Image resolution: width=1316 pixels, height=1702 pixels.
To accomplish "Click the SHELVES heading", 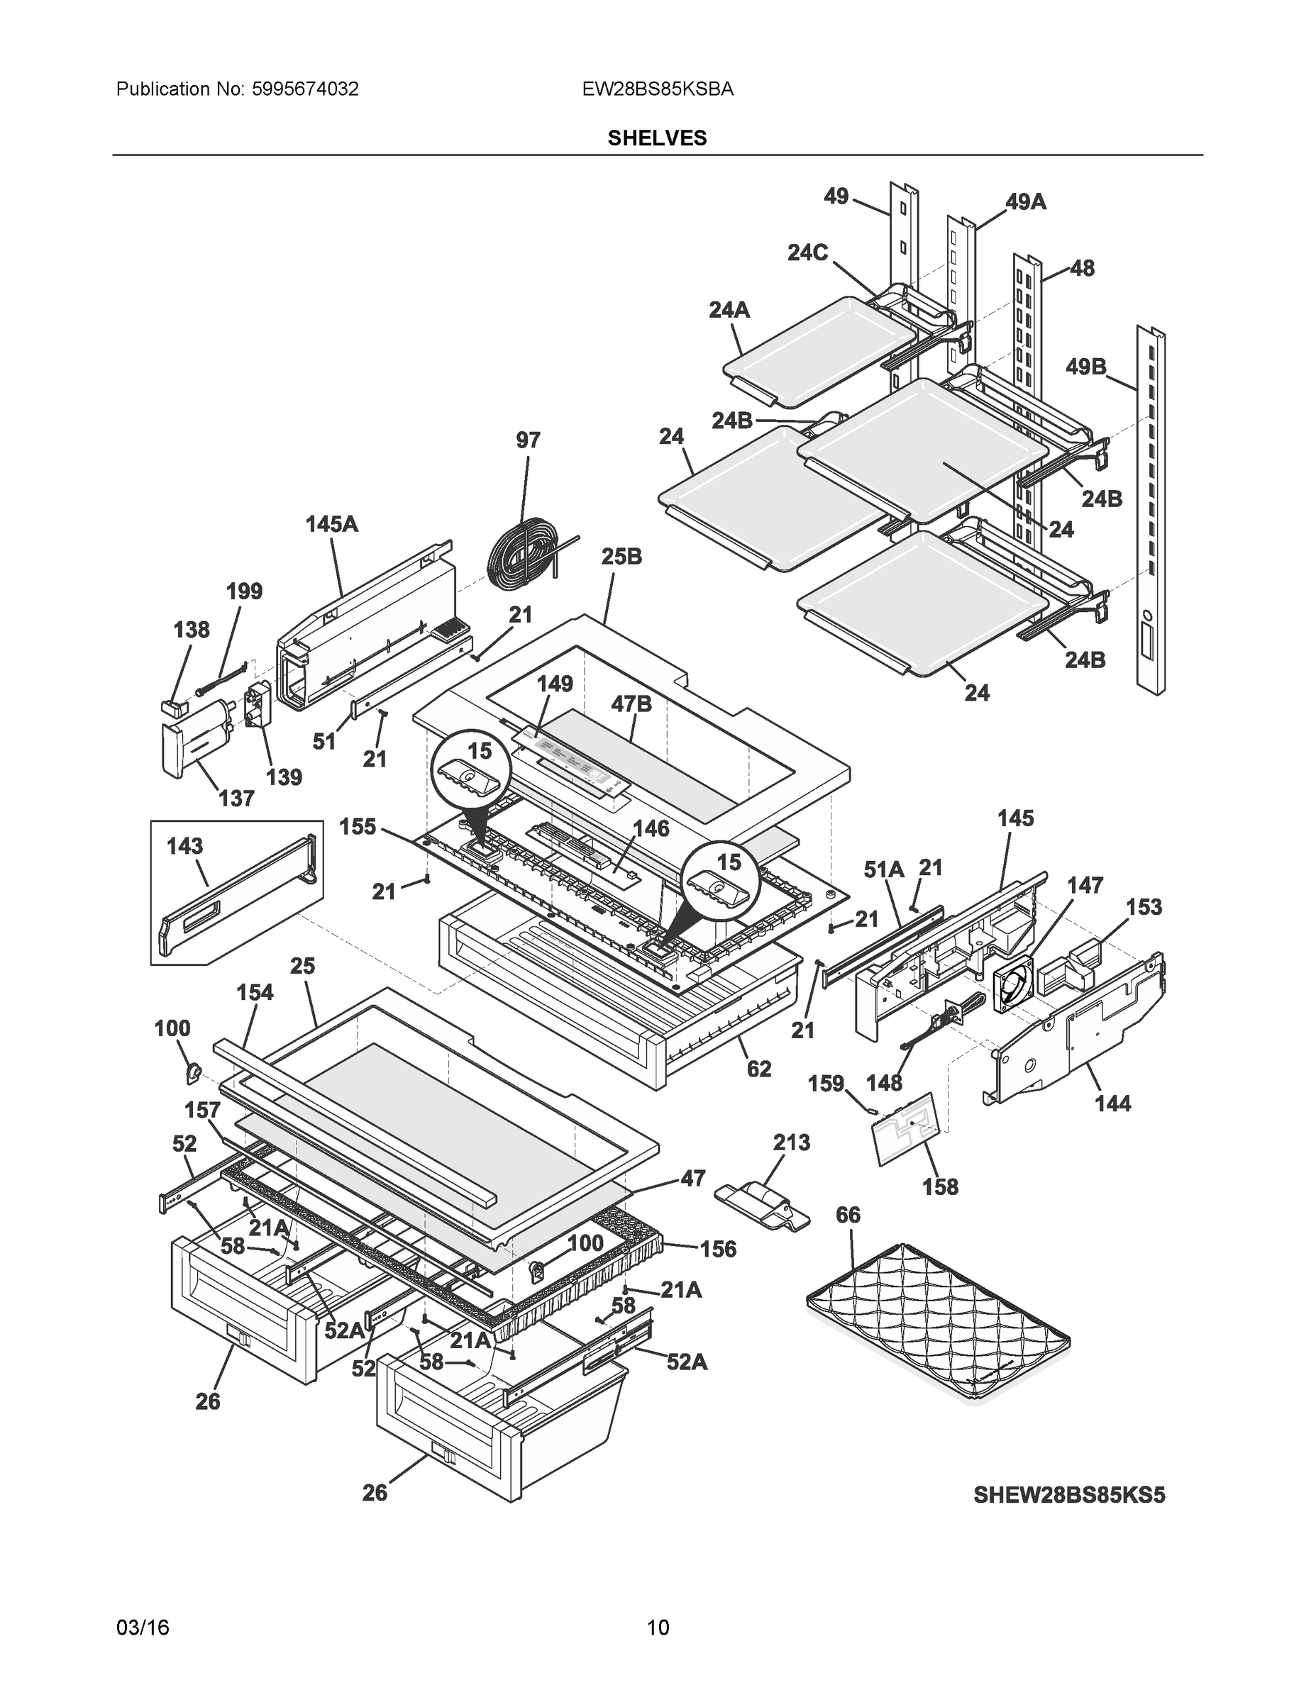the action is click(657, 138).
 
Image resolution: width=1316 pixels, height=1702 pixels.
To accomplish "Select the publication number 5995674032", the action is click(305, 89).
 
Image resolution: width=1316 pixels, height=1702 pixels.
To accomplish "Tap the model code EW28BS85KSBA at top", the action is click(657, 89).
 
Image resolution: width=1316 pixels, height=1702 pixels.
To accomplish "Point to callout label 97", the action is click(528, 440).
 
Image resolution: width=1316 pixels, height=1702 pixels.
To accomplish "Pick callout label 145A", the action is click(331, 525).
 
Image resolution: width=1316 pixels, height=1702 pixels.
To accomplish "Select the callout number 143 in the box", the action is click(184, 845).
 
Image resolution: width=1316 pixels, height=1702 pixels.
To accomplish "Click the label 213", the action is click(791, 1142).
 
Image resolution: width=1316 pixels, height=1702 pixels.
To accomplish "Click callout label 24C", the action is click(807, 252).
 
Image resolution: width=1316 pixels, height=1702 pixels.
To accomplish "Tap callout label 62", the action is click(758, 1069).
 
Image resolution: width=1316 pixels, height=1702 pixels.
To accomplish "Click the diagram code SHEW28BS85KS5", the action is click(1069, 1495).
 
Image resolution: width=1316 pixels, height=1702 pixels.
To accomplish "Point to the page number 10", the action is click(658, 1628).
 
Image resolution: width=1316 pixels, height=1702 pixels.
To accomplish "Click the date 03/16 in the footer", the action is click(143, 1628).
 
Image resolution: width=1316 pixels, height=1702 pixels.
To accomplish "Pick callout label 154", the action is click(255, 992).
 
